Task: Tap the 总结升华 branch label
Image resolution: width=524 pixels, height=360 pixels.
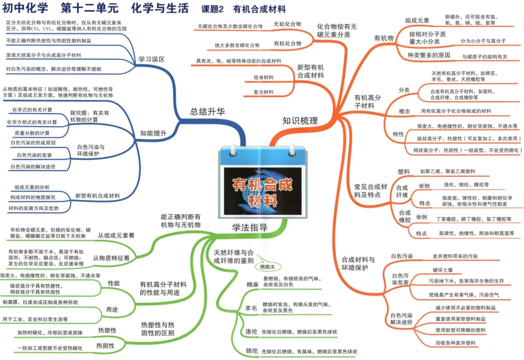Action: point(208,112)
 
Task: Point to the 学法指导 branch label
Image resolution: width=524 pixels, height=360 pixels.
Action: point(250,228)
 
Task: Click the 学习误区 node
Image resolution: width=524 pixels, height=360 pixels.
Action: point(151,59)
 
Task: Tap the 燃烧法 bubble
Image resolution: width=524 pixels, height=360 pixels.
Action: point(267,267)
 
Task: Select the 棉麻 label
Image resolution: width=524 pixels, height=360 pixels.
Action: point(252,285)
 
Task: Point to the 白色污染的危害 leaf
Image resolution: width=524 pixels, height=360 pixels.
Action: point(34,155)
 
